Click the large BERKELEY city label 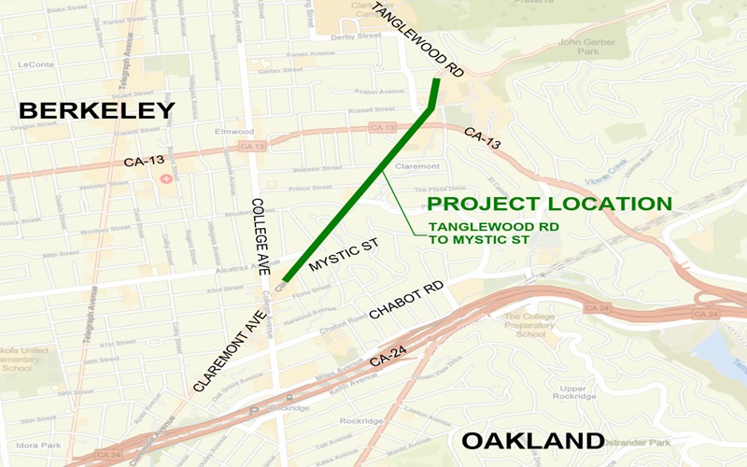[97, 111]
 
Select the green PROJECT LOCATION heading [549, 204]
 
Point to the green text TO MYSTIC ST [479, 241]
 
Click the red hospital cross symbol [165, 178]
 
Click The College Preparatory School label [535, 326]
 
